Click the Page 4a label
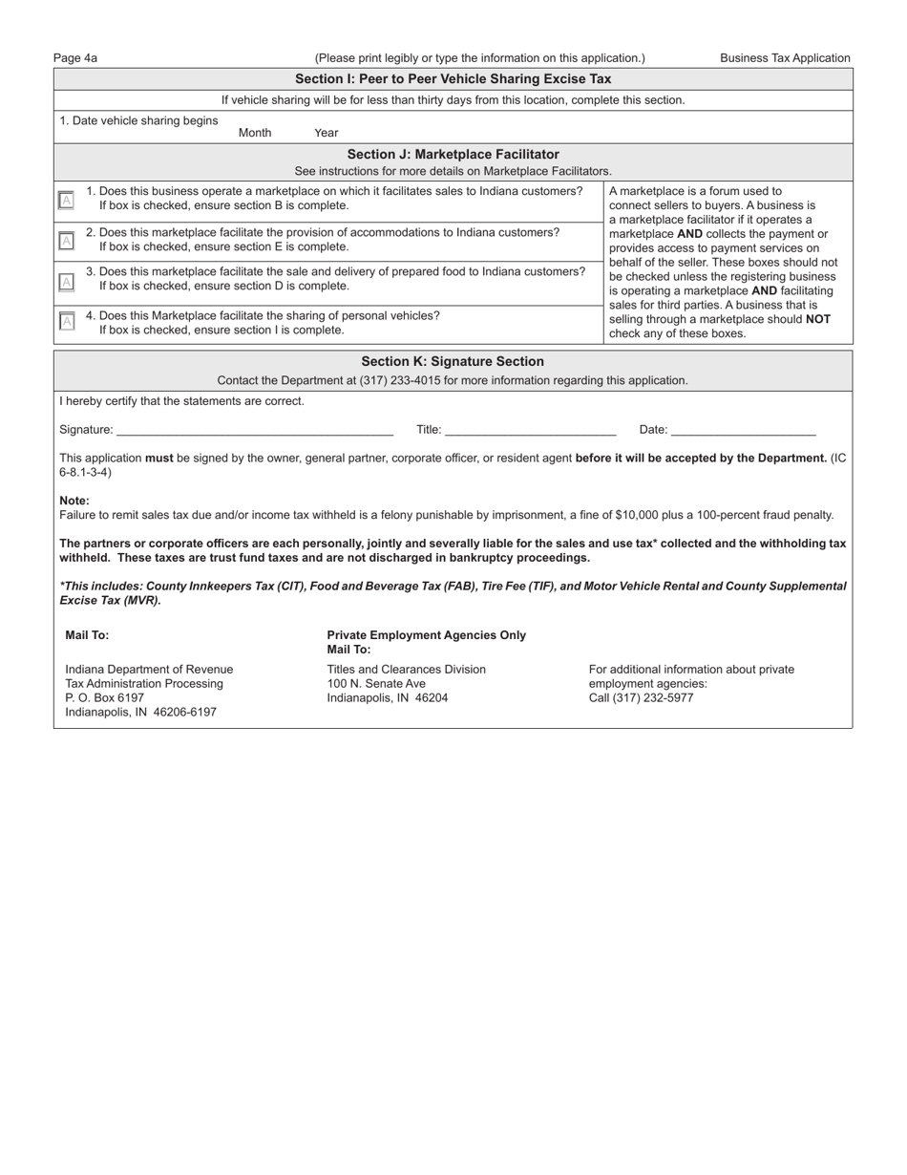pos(75,58)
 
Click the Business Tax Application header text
pos(785,58)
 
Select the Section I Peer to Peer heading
pos(453,79)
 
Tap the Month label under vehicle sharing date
pos(255,133)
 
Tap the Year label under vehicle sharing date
pos(326,133)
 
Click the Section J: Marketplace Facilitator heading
pos(453,154)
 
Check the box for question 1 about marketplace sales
pos(66,200)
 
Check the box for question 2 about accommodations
pos(66,240)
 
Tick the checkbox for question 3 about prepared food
pos(66,281)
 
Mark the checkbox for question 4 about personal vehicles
pos(66,321)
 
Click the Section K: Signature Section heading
pos(453,361)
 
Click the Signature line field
pos(254,430)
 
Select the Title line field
pos(530,430)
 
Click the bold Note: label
pos(74,501)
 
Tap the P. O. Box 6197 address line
pos(105,697)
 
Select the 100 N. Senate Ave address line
pos(376,683)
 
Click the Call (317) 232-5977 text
pos(641,697)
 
